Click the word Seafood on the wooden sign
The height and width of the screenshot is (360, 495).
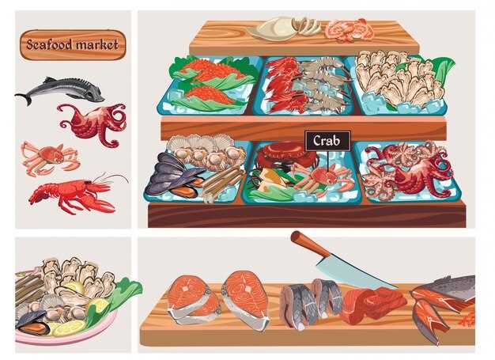click(48, 44)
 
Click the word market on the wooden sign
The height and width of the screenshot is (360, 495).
click(97, 44)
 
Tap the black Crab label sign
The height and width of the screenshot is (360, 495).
click(327, 141)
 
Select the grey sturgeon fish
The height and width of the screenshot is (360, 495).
click(60, 90)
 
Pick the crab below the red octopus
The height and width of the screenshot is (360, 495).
click(50, 157)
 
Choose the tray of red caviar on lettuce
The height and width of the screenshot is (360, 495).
click(208, 86)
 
